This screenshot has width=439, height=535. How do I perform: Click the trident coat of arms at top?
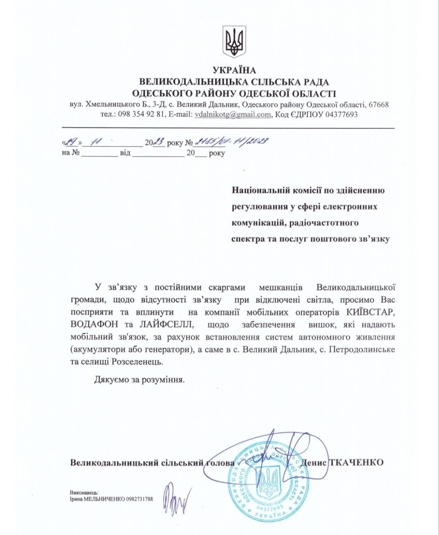click(234, 42)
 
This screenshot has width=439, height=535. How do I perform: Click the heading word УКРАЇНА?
click(234, 70)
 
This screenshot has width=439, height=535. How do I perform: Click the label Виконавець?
click(84, 493)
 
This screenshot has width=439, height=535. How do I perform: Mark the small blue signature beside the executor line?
click(176, 498)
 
